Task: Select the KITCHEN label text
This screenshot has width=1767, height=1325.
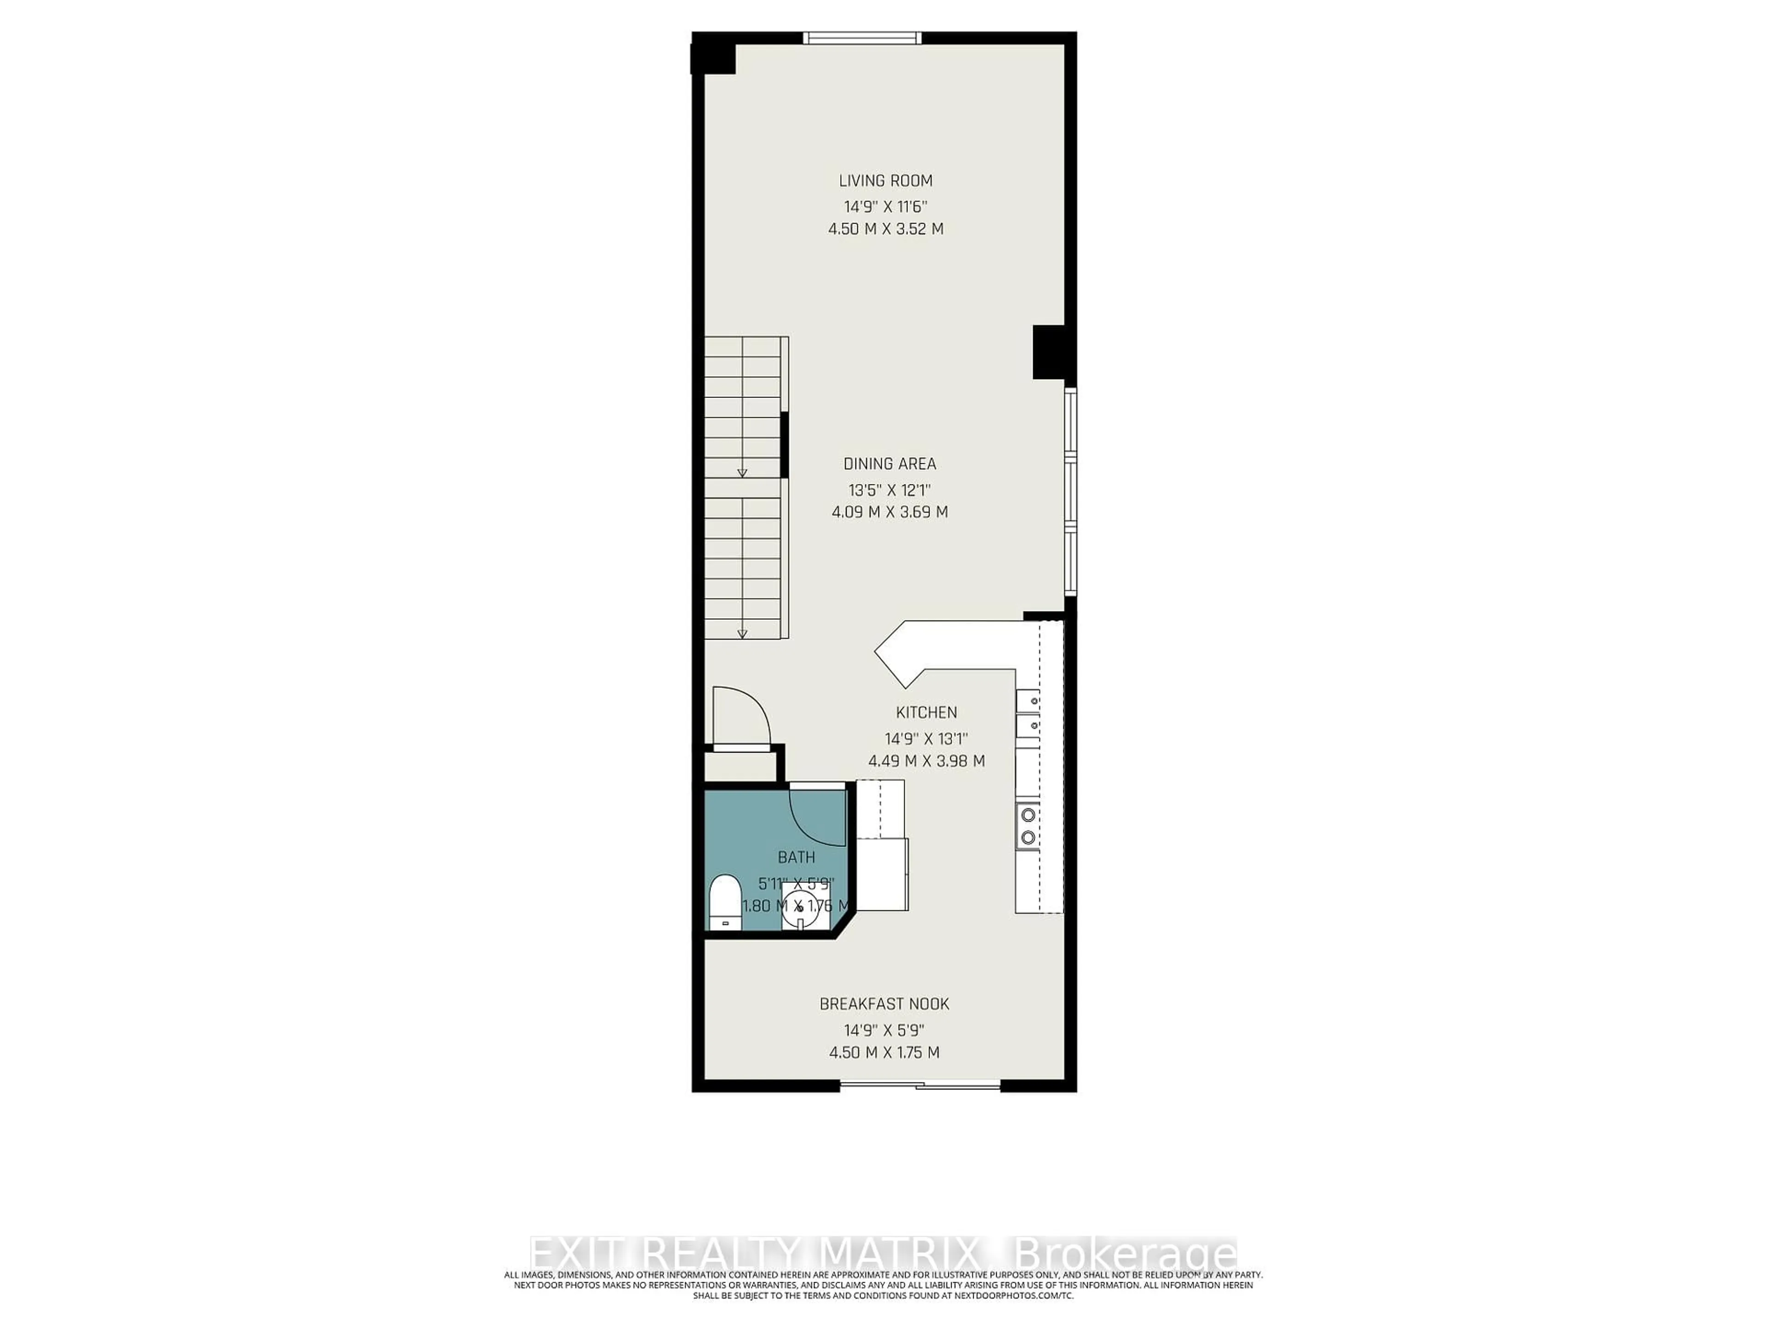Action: (x=926, y=712)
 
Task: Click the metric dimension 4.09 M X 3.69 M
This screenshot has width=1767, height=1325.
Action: (x=889, y=512)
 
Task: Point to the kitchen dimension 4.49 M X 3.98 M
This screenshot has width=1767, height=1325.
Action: (x=926, y=761)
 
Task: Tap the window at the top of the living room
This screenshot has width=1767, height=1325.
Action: (x=862, y=38)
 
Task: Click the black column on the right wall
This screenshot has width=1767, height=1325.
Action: (x=1048, y=351)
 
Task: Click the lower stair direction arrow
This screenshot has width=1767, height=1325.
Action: (x=741, y=634)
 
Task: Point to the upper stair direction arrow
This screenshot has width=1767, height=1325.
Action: (x=741, y=473)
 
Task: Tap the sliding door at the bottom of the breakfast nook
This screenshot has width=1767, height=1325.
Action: (x=919, y=1084)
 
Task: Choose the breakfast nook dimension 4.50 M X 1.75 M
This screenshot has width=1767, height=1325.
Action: (x=884, y=1053)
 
